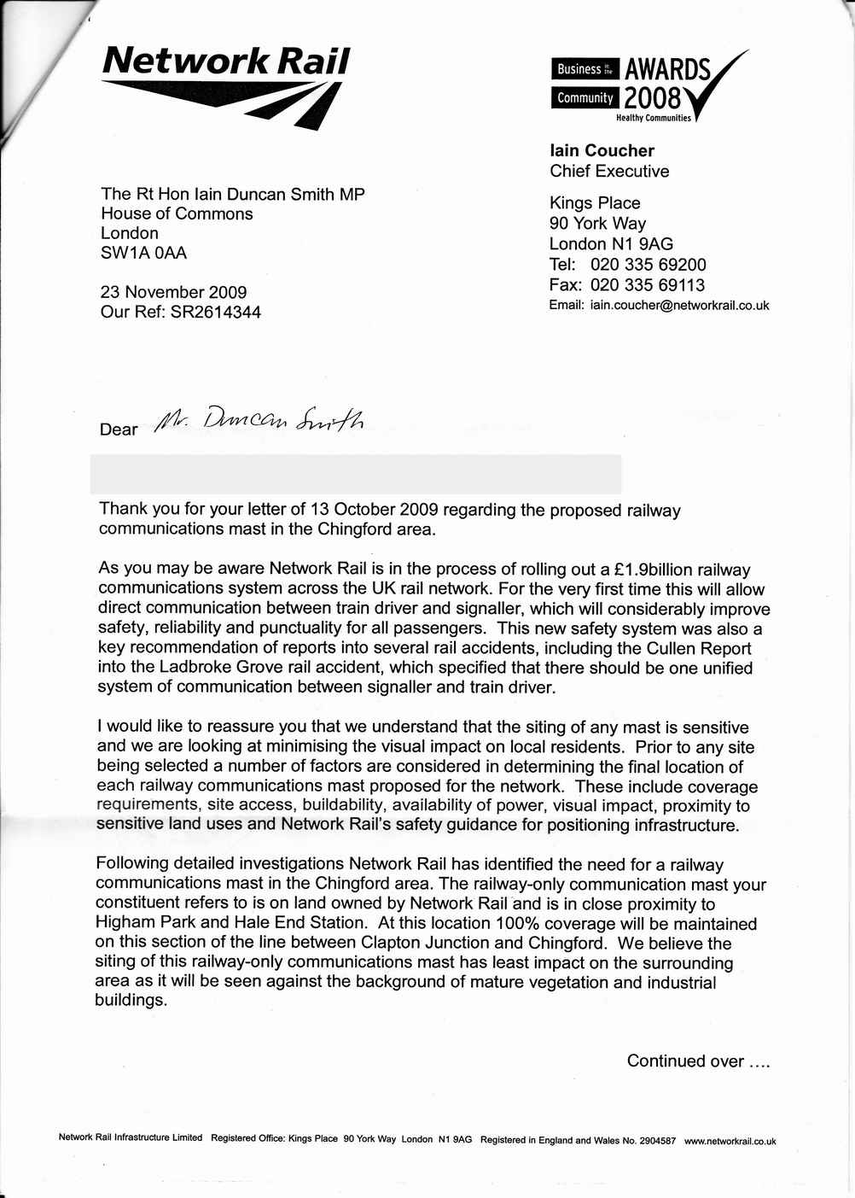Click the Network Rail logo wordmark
pyautogui.click(x=226, y=61)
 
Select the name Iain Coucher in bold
pyautogui.click(x=602, y=151)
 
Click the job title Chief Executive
pyautogui.click(x=609, y=172)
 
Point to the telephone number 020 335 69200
pyautogui.click(x=648, y=265)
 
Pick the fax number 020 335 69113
pyautogui.click(x=647, y=285)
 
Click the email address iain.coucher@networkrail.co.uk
pyautogui.click(x=679, y=306)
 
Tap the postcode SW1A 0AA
pyautogui.click(x=143, y=253)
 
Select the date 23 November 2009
pyautogui.click(x=173, y=292)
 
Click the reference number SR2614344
pyautogui.click(x=216, y=312)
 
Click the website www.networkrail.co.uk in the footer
pyautogui.click(x=730, y=1141)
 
